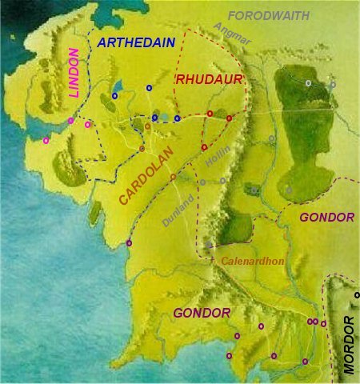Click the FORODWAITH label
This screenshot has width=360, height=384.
click(x=270, y=15)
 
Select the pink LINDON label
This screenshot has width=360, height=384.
click(x=76, y=74)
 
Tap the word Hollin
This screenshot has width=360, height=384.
click(x=217, y=158)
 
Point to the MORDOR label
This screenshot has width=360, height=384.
click(x=349, y=345)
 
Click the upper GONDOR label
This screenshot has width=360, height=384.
click(x=326, y=218)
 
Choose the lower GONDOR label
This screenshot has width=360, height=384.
click(x=202, y=312)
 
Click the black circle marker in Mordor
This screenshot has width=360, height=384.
click(x=357, y=295)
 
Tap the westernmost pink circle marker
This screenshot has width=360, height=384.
click(x=46, y=141)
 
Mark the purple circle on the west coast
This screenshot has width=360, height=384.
click(x=130, y=242)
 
